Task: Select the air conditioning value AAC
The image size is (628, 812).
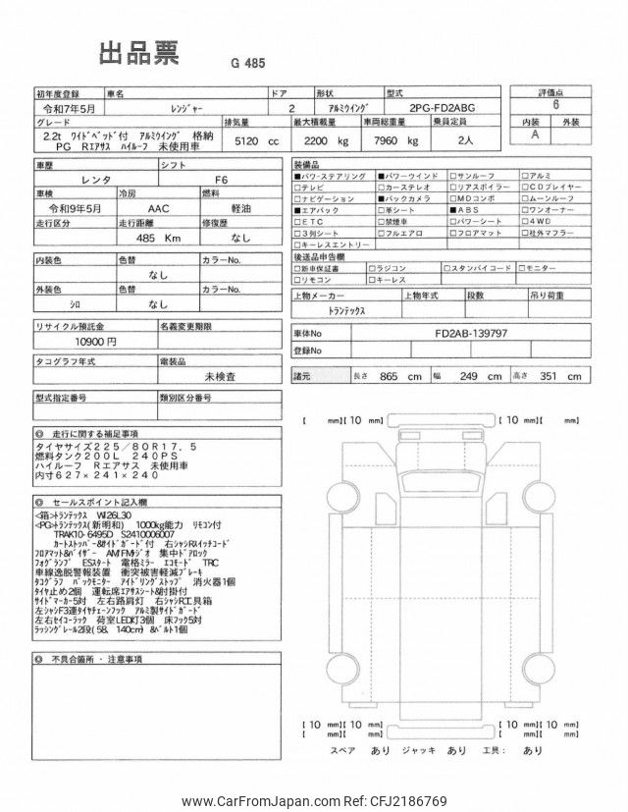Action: [x=156, y=209]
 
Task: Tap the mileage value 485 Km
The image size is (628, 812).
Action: [x=157, y=238]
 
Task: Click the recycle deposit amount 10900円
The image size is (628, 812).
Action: [x=96, y=341]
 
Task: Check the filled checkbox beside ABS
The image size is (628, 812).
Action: [x=452, y=209]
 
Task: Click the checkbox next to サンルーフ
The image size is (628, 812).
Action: [x=452, y=175]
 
